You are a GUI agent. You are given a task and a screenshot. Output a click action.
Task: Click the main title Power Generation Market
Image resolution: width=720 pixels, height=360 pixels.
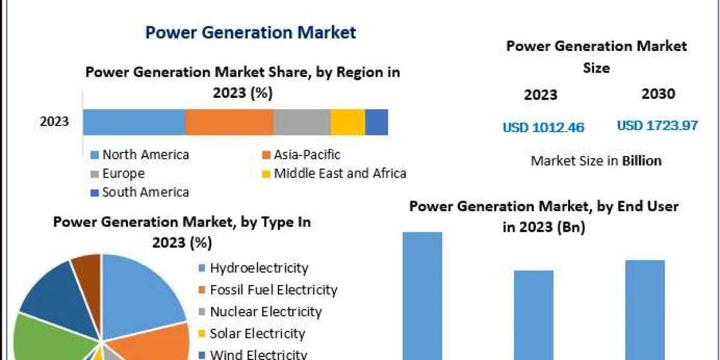[251, 32]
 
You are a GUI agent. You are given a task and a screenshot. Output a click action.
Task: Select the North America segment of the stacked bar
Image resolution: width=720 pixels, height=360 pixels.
[134, 122]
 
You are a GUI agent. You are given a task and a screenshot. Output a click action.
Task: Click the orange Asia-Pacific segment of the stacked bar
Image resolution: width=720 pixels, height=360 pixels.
[229, 122]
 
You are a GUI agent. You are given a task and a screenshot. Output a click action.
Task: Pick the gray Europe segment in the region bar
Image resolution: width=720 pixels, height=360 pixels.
[302, 122]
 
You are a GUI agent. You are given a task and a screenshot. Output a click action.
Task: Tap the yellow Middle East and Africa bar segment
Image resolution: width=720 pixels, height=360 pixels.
[347, 122]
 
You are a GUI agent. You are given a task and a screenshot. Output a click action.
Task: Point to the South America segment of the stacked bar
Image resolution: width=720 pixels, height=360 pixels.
[376, 122]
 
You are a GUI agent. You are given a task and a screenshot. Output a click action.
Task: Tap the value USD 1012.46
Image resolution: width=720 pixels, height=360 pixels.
[543, 127]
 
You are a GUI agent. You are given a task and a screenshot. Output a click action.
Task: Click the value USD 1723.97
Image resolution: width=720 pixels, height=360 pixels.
[658, 126]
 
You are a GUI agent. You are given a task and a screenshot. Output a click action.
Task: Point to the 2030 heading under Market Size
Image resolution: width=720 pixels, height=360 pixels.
[658, 94]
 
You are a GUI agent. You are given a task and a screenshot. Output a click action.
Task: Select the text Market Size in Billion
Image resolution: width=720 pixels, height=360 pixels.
[596, 161]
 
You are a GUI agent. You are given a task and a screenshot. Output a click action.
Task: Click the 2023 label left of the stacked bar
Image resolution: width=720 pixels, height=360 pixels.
[55, 122]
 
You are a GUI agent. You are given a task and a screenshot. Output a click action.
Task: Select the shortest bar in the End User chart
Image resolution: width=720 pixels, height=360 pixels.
[533, 314]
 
